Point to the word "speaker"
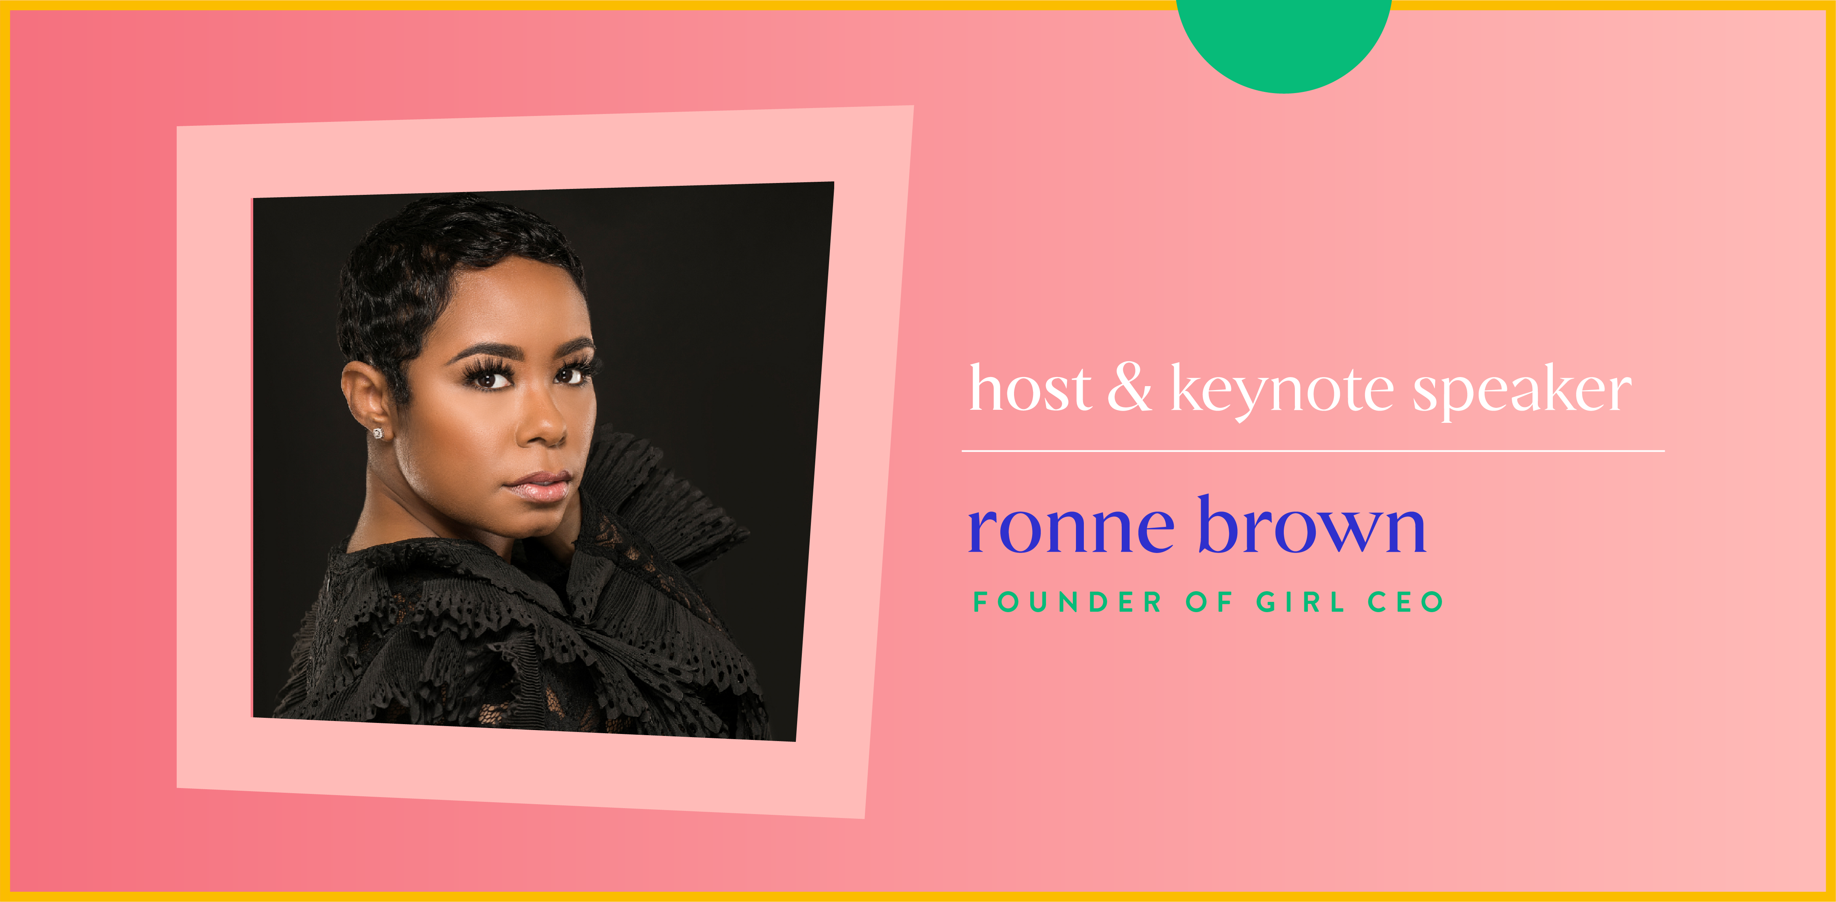point(1522,390)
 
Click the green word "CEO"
point(1406,602)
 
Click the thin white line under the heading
point(1313,451)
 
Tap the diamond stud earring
point(378,433)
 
